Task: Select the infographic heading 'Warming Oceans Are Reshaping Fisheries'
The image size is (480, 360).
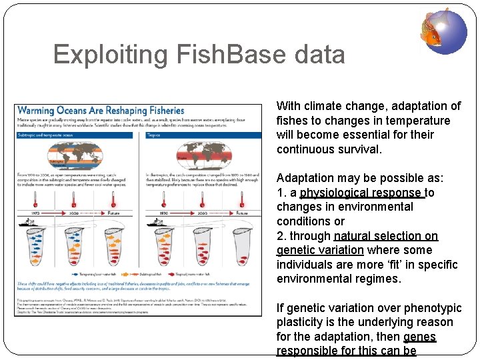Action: pos(100,110)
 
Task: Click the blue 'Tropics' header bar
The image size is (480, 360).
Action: pos(202,134)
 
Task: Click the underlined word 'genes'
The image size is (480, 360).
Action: pos(419,337)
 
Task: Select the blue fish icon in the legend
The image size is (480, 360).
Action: pos(77,274)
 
